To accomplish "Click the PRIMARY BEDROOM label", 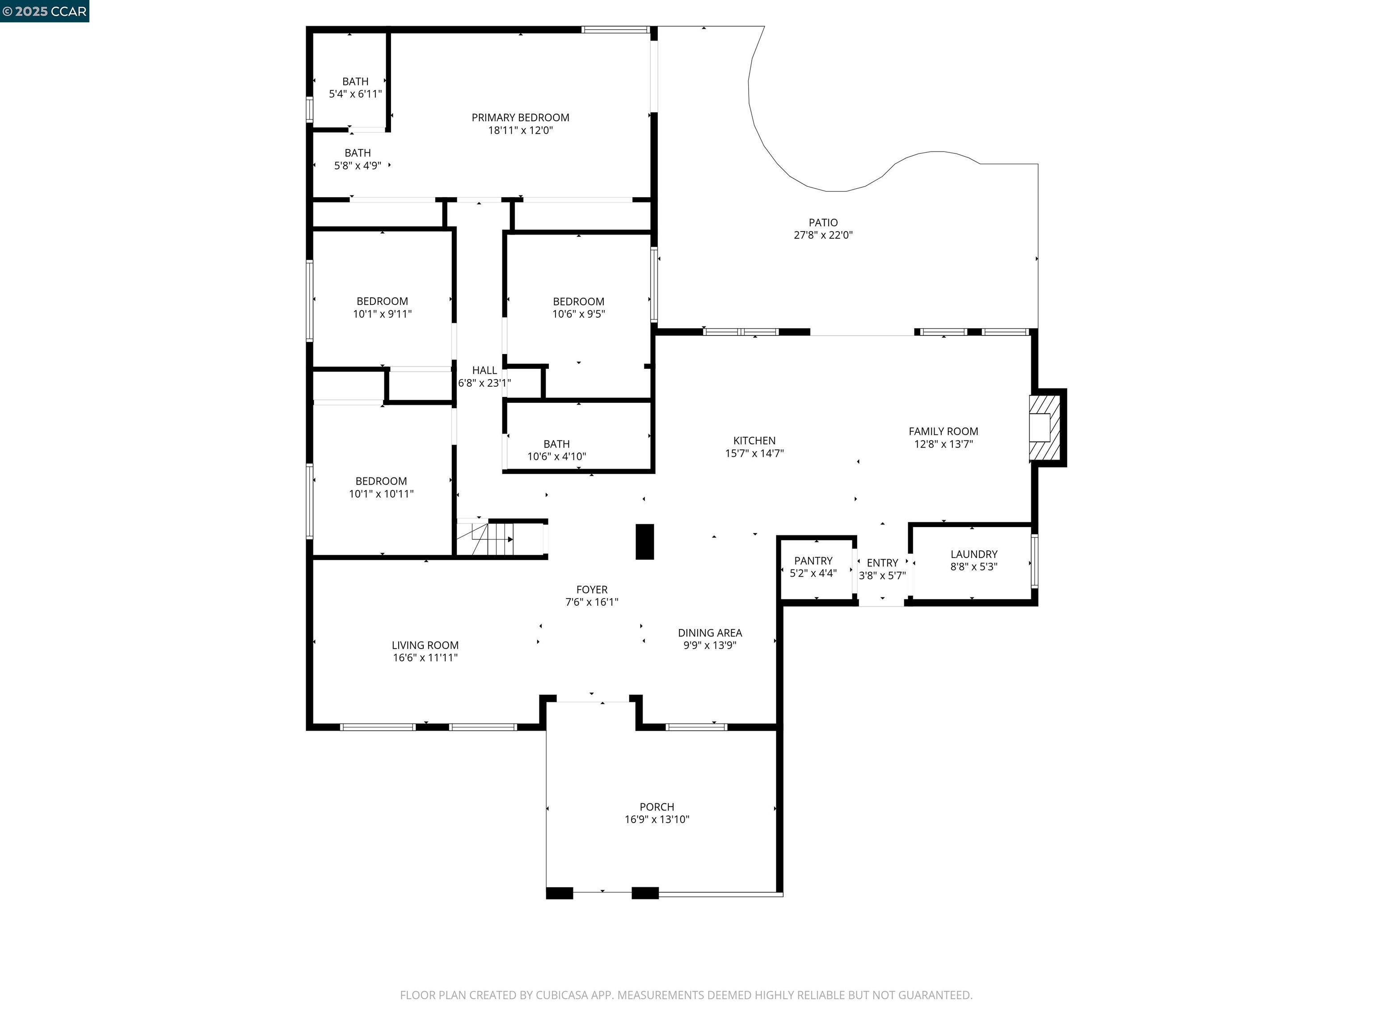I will [520, 117].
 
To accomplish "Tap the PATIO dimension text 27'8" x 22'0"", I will [823, 235].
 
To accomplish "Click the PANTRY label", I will [813, 561].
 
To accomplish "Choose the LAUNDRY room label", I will [973, 554].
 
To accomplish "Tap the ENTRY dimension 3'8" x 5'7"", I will [882, 575].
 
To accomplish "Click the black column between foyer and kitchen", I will [644, 541].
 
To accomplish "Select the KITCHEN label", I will [754, 440].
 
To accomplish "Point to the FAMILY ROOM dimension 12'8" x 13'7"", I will [943, 444].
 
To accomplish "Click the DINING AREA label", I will [709, 633].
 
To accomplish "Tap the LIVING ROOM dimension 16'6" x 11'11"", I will [425, 658].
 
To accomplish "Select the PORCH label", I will [657, 806].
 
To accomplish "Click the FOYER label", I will [592, 589].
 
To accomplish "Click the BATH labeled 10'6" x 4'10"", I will [556, 444].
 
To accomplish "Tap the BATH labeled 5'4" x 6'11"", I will [355, 81].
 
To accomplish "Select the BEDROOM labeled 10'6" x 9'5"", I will [578, 301].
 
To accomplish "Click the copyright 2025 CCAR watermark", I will [45, 11].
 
